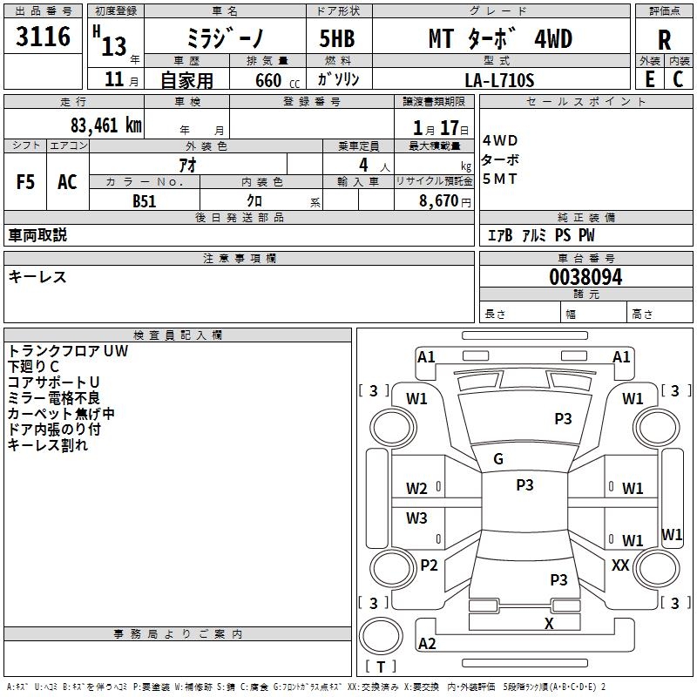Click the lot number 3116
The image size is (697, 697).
click(44, 37)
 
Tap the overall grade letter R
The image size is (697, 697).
click(664, 39)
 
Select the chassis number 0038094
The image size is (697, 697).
click(585, 277)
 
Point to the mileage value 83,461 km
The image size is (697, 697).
click(105, 125)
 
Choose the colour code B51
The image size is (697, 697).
click(145, 200)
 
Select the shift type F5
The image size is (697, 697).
click(26, 182)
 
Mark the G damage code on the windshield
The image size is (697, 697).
click(498, 459)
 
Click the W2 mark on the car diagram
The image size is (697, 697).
click(416, 489)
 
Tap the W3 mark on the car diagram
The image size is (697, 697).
click(416, 518)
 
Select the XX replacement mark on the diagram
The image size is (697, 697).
click(620, 565)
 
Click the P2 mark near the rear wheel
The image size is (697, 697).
click(429, 565)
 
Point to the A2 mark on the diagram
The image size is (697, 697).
click(427, 644)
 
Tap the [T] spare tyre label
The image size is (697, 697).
click(380, 667)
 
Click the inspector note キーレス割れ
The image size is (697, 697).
click(48, 445)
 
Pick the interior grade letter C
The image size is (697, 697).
click(679, 79)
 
